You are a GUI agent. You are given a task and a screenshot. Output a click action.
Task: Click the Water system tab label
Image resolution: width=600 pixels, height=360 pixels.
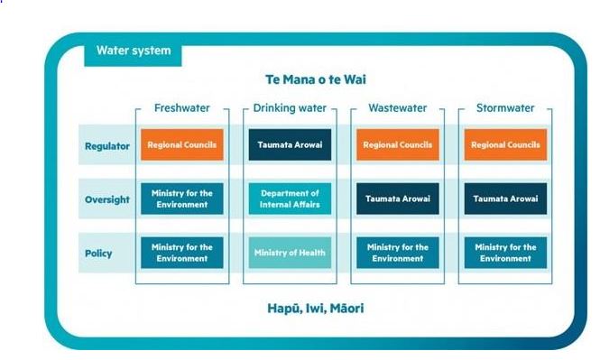pyautogui.click(x=134, y=51)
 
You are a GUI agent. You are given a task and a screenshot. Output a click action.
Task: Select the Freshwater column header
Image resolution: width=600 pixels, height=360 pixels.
pyautogui.click(x=181, y=108)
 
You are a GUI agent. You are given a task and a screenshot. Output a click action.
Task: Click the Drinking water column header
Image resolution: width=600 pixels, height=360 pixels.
pyautogui.click(x=289, y=108)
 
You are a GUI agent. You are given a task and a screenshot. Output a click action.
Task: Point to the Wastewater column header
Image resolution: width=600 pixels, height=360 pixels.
pyautogui.click(x=397, y=108)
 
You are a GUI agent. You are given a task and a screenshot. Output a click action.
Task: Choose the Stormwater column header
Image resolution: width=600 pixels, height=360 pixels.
pyautogui.click(x=505, y=108)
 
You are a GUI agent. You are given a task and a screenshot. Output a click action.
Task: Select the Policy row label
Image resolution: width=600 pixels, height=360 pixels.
pyautogui.click(x=98, y=254)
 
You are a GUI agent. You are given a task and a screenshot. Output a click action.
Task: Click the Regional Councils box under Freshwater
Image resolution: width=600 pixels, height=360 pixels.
pyautogui.click(x=181, y=144)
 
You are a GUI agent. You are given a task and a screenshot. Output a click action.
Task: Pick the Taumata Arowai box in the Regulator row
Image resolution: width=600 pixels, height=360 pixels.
pyautogui.click(x=289, y=144)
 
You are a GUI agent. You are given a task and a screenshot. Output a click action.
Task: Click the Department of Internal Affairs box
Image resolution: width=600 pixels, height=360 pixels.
pyautogui.click(x=289, y=198)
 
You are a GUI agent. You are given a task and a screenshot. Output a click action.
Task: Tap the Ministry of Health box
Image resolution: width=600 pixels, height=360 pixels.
pyautogui.click(x=289, y=254)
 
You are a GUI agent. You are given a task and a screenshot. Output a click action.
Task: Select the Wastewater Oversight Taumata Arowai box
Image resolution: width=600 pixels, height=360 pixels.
pyautogui.click(x=397, y=198)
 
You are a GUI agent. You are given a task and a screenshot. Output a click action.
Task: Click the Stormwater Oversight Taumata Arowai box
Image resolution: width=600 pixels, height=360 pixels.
pyautogui.click(x=505, y=198)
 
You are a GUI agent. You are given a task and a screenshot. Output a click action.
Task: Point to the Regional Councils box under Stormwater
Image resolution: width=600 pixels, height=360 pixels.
pyautogui.click(x=505, y=144)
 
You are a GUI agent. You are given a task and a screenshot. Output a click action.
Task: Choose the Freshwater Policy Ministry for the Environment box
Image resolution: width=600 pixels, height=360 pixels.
pyautogui.click(x=181, y=254)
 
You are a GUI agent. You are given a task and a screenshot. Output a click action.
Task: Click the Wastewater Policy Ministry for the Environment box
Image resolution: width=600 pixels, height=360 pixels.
pyautogui.click(x=397, y=254)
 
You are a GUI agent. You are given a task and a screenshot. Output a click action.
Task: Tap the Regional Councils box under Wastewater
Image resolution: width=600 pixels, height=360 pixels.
pyautogui.click(x=397, y=144)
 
